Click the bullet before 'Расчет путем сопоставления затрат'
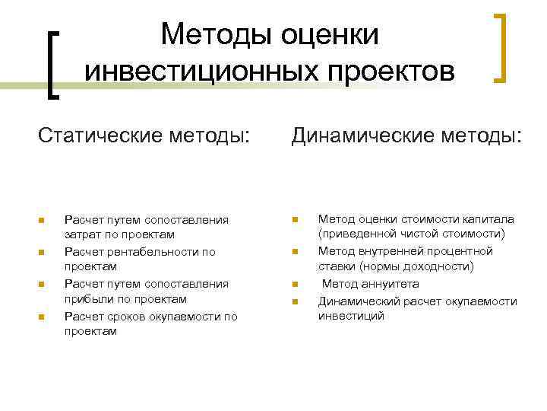(x=43, y=221)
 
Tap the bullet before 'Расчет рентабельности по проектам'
(x=43, y=252)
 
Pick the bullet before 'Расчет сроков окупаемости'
(x=43, y=317)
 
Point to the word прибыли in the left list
(x=86, y=299)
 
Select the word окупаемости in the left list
(x=186, y=316)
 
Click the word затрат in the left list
(x=81, y=235)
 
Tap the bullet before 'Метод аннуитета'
(x=295, y=285)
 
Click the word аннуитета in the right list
(x=387, y=284)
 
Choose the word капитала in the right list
(x=489, y=219)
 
